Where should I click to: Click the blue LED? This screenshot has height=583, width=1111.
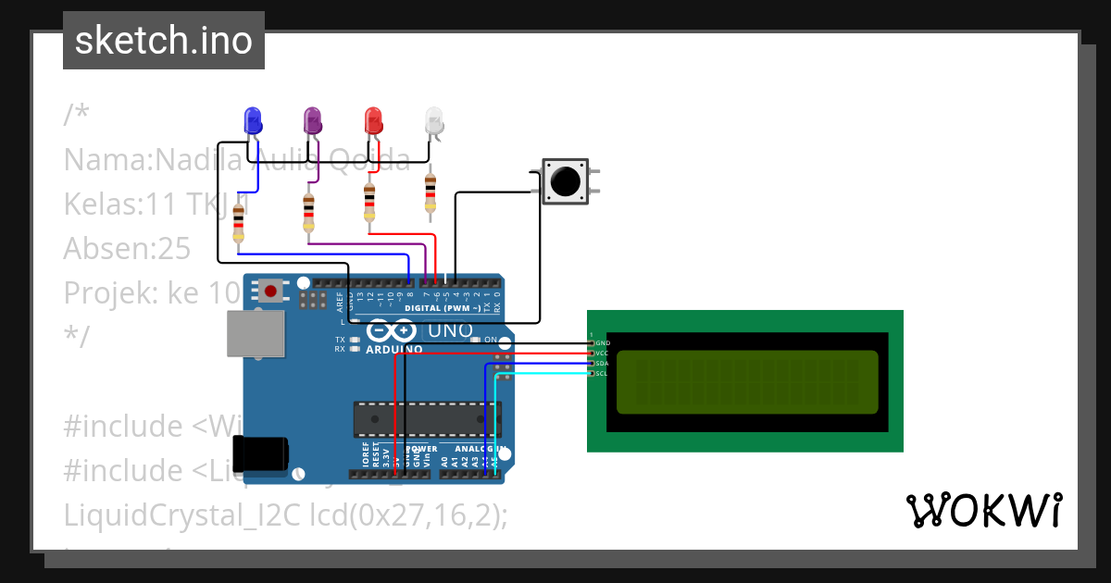point(252,119)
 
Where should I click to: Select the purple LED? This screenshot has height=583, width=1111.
point(312,119)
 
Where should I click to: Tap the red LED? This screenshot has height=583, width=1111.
point(373,119)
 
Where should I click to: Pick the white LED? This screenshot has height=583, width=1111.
point(433,119)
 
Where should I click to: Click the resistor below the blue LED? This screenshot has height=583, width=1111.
point(239,223)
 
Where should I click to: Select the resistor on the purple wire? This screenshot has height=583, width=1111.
point(308,212)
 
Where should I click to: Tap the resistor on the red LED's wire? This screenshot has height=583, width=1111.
point(369,204)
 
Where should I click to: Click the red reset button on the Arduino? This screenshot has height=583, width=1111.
point(270,291)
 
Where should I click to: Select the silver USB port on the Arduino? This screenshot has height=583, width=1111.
point(256,333)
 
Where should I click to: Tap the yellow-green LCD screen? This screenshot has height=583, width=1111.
point(746,382)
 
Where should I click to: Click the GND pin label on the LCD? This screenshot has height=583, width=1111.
point(603,343)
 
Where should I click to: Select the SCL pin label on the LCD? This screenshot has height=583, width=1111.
point(602,374)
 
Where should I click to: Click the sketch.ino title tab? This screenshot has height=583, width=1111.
point(164,41)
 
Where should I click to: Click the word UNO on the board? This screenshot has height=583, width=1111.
point(451,330)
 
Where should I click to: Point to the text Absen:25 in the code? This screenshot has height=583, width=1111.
point(127,248)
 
